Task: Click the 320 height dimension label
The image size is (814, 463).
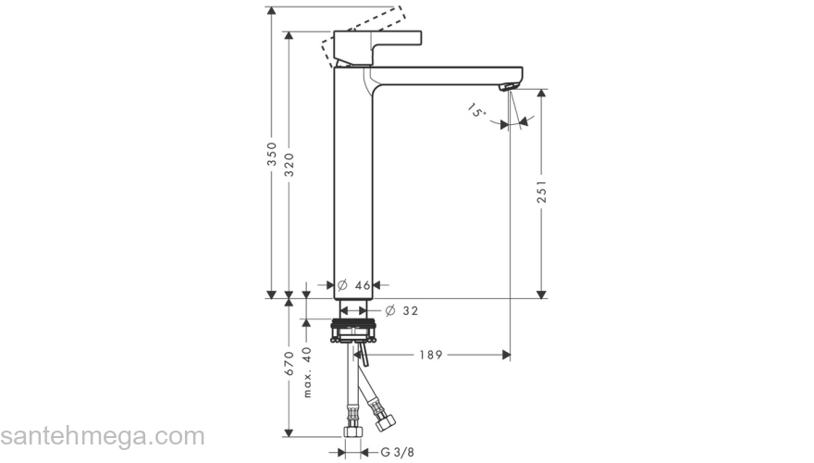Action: point(290,164)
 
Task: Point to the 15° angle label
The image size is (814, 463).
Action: point(476,112)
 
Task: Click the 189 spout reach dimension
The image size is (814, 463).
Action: point(426,355)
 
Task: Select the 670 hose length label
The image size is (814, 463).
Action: point(290,368)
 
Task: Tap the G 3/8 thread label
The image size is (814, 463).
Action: point(398,453)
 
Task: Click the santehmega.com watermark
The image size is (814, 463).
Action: point(102,436)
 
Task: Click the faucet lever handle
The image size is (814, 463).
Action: point(379,42)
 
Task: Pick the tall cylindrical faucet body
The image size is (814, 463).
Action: point(351,185)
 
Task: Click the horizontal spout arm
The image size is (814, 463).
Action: point(444,72)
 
